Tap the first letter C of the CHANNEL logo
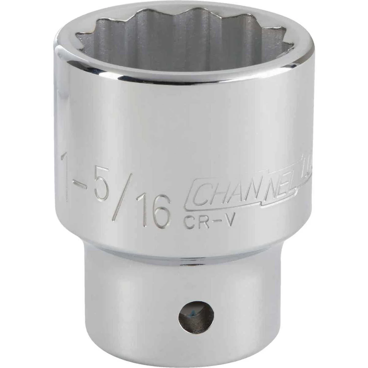(198, 195)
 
